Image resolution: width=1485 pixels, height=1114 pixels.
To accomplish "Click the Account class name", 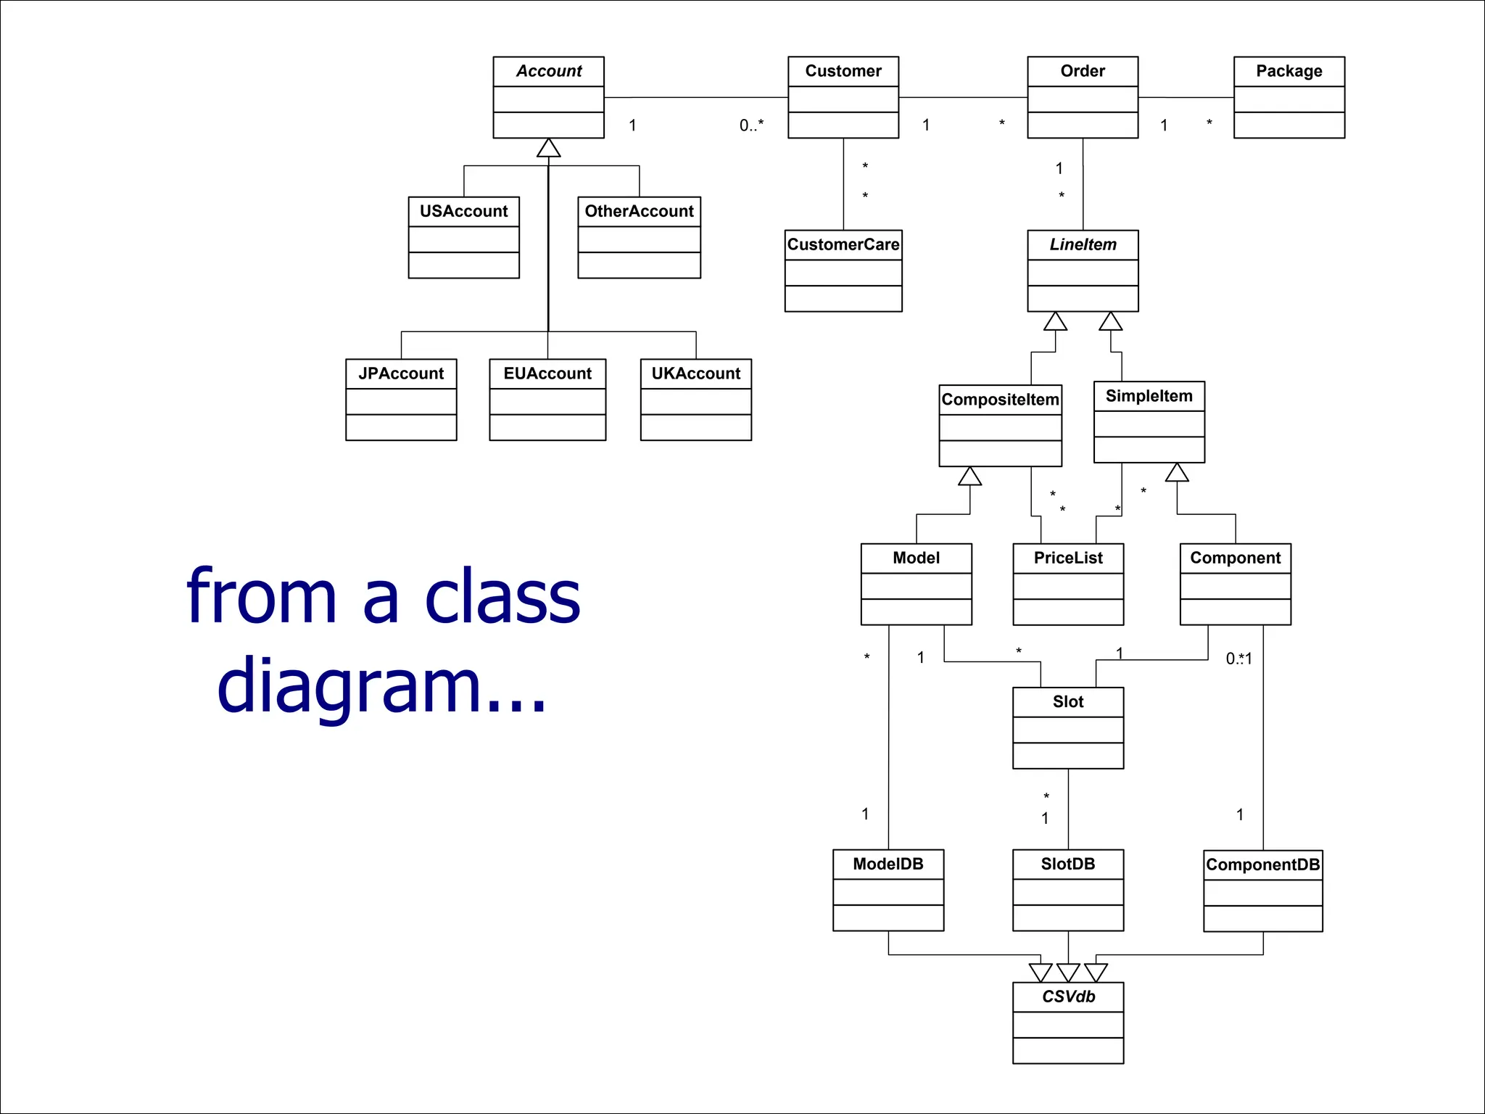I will [x=549, y=71].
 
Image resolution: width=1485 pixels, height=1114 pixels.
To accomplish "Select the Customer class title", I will [x=843, y=71].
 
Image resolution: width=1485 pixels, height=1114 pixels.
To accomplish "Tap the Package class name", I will [x=1288, y=71].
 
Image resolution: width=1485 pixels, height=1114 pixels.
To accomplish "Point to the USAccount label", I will [x=464, y=211].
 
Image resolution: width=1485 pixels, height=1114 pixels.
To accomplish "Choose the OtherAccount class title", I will [x=639, y=211].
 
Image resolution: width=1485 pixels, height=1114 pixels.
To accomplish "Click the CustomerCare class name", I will [x=843, y=244].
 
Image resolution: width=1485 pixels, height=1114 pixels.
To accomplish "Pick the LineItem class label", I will [x=1083, y=244].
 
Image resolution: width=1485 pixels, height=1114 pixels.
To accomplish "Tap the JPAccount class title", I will [x=401, y=374].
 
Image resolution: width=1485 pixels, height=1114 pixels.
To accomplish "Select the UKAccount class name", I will [x=695, y=374].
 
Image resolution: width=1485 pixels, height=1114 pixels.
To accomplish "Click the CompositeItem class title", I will [x=1000, y=400].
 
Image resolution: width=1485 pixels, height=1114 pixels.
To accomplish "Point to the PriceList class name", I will [x=1068, y=558].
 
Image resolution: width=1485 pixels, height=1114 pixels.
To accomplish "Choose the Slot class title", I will [x=1068, y=701].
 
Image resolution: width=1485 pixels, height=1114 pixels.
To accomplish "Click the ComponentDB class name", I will [x=1262, y=865].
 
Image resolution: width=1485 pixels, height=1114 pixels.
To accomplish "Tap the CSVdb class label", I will [x=1068, y=997].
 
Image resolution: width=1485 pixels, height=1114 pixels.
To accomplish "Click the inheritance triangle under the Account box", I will [x=548, y=149].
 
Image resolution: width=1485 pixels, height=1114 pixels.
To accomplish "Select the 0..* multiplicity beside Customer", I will [x=751, y=125].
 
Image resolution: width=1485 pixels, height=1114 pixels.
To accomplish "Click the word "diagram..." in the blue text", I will [x=381, y=685].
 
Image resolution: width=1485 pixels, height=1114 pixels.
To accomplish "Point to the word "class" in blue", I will [x=502, y=596].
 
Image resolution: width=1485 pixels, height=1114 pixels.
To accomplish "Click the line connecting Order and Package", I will [x=1186, y=97].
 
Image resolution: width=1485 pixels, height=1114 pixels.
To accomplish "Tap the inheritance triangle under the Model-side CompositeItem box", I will [x=969, y=476].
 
